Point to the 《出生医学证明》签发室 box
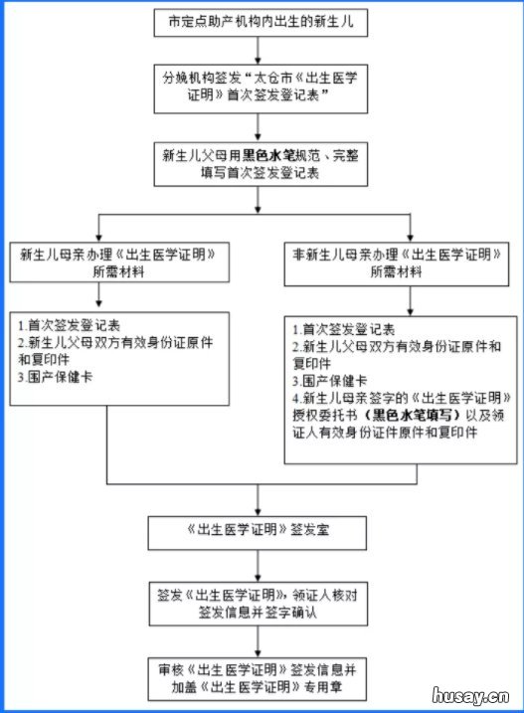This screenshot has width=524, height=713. (x=259, y=532)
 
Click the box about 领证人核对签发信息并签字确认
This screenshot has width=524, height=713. (x=259, y=603)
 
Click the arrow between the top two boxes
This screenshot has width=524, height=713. (x=259, y=50)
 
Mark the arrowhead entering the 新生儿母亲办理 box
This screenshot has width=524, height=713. (x=97, y=231)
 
